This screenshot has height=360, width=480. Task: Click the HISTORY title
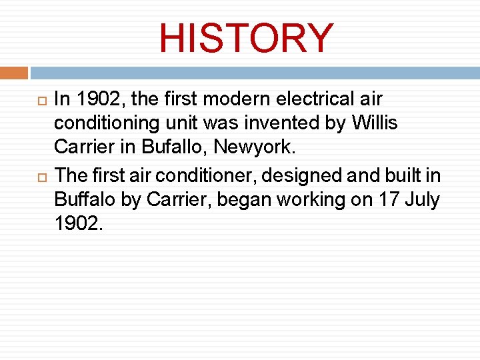246,39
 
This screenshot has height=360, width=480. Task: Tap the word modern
234,99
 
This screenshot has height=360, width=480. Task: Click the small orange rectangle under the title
14,72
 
